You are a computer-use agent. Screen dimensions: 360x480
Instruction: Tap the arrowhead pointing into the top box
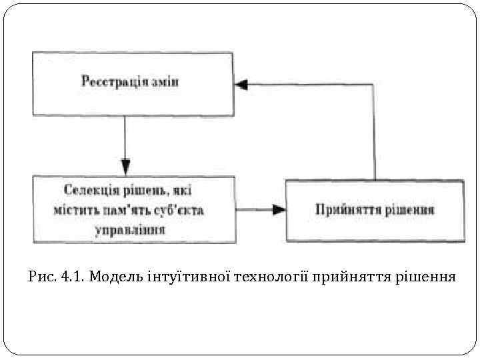coord(241,85)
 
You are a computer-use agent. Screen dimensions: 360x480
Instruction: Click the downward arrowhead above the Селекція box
coord(125,163)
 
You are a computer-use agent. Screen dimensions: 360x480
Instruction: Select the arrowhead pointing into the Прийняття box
coord(278,209)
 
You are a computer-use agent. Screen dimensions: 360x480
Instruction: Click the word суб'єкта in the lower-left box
coord(179,211)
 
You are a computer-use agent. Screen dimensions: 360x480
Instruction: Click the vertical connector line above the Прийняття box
coord(374,133)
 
